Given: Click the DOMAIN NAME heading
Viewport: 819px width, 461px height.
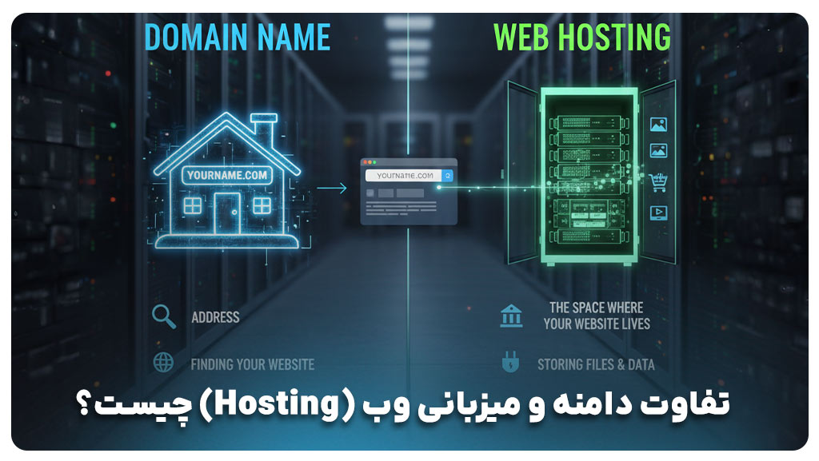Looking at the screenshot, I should (x=238, y=38).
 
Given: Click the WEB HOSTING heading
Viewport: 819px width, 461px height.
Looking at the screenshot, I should (x=581, y=38).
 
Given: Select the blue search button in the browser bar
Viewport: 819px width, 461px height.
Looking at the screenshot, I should (x=448, y=176).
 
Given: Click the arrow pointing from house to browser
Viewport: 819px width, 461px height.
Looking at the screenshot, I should (x=332, y=189).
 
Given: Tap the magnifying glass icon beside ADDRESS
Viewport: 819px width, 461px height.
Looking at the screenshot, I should (x=164, y=316).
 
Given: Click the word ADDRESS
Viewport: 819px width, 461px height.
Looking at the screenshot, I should (x=215, y=317).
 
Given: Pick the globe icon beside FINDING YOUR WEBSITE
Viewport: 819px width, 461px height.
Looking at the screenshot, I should (x=163, y=362).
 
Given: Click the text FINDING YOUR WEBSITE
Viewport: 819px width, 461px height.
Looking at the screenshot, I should (x=252, y=364).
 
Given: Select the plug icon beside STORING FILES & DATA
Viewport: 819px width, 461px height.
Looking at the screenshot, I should (x=509, y=364).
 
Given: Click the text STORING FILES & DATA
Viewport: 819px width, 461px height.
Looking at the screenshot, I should (x=596, y=364).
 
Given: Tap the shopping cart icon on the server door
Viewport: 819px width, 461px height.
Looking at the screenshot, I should (x=659, y=182).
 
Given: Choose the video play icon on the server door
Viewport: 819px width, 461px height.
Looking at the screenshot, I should (x=659, y=212).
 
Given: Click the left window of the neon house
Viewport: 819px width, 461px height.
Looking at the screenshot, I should (x=193, y=205).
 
